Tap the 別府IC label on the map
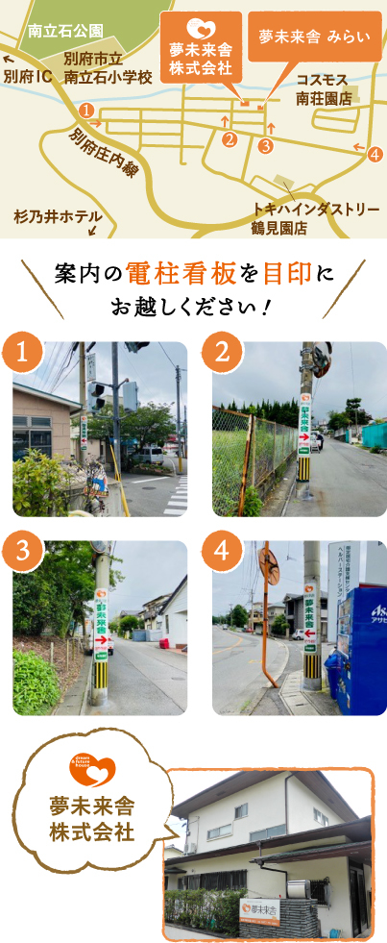tap(28, 75)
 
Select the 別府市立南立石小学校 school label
tap(107, 67)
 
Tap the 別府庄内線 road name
tap(99, 152)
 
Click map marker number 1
tap(87, 111)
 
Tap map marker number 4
tap(375, 153)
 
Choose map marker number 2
tap(229, 139)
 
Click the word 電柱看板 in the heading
tap(178, 274)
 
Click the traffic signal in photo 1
tap(98, 395)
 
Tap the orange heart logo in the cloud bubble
tap(92, 770)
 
